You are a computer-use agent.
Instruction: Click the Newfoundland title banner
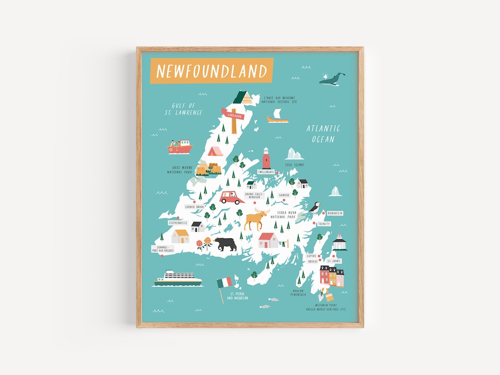pyautogui.click(x=212, y=71)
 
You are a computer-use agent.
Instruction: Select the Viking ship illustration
pyautogui.click(x=278, y=117)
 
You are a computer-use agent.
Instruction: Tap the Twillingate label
pyautogui.click(x=266, y=172)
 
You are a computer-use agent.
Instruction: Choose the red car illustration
pyautogui.click(x=232, y=198)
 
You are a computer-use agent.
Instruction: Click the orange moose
pyautogui.click(x=256, y=219)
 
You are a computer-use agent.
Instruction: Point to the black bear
pyautogui.click(x=225, y=244)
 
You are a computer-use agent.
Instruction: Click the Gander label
pyautogui.click(x=284, y=195)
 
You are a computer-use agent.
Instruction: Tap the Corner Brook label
pyautogui.click(x=194, y=207)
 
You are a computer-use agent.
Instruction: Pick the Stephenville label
pyautogui.click(x=178, y=223)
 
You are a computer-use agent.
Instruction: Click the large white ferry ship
pyautogui.click(x=178, y=278)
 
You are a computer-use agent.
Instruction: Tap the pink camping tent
pyautogui.click(x=215, y=151)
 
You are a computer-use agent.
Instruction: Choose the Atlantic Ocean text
pyautogui.click(x=323, y=133)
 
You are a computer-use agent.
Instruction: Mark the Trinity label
pyautogui.click(x=324, y=224)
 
